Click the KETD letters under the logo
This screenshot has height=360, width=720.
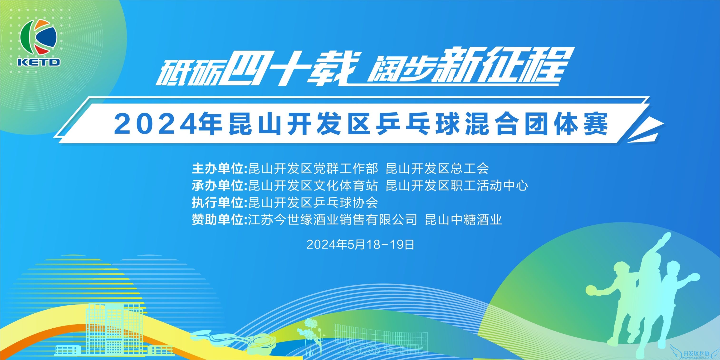click(x=39, y=62)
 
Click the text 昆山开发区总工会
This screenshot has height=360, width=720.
click(x=437, y=168)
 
